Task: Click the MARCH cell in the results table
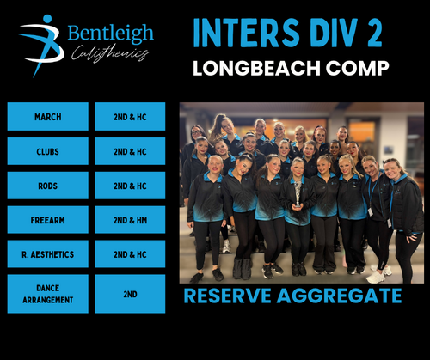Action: pos(48,117)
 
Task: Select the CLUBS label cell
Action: pos(48,151)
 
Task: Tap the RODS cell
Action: pos(48,186)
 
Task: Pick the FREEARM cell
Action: pos(48,220)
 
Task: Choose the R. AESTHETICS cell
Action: pos(48,254)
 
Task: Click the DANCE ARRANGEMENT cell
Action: pos(48,294)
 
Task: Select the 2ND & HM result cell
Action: pos(130,220)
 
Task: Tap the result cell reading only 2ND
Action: pos(130,294)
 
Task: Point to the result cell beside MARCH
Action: pos(130,117)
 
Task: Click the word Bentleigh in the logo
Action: pos(111,34)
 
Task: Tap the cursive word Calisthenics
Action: pos(110,53)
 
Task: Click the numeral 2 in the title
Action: pos(374,33)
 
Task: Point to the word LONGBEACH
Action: pos(256,68)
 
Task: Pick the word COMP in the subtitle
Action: pos(357,68)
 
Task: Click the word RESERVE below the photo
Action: pos(227,296)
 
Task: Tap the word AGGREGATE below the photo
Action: pos(339,296)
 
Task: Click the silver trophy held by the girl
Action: pos(298,193)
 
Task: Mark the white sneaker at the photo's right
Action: pos(375,277)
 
